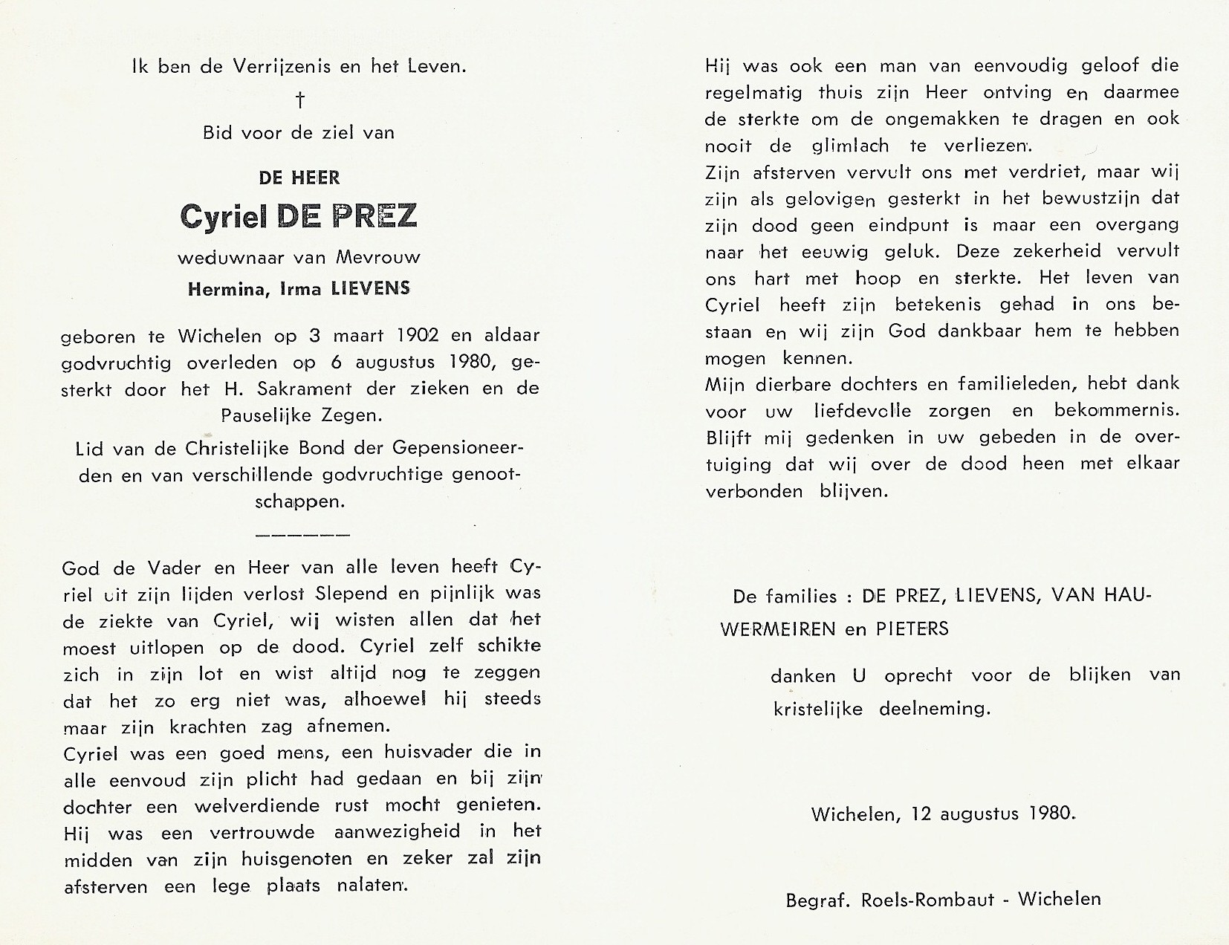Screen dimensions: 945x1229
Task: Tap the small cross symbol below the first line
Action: point(299,100)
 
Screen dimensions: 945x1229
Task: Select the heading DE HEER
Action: point(299,178)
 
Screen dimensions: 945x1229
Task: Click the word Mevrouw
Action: point(378,258)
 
